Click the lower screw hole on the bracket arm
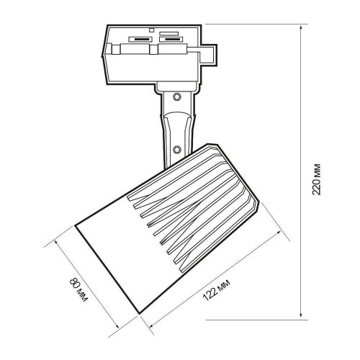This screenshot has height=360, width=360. pyautogui.click(x=177, y=149)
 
